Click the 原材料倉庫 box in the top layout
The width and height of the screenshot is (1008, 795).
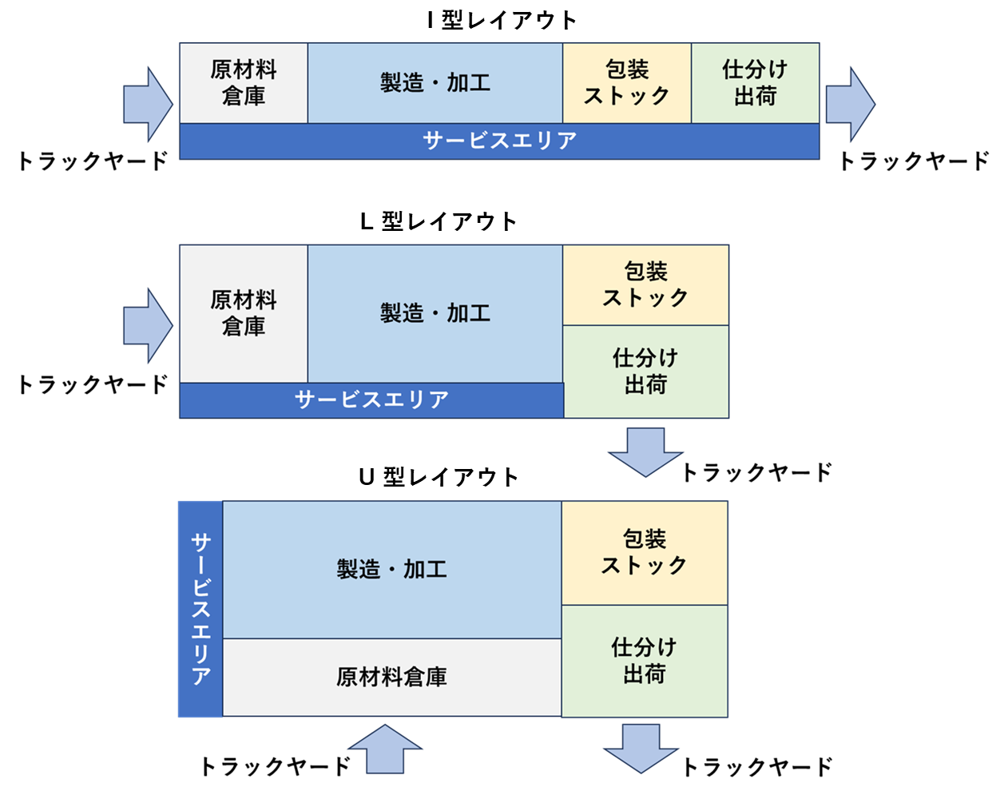[243, 83]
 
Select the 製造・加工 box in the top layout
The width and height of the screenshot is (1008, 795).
[435, 83]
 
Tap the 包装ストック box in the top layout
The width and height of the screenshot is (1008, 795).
[626, 83]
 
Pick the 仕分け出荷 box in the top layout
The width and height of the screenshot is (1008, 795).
[755, 83]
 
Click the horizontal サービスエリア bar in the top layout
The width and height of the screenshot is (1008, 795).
[499, 141]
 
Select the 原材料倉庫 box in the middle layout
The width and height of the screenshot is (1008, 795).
[243, 313]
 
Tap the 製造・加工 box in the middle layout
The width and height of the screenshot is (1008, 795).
[435, 313]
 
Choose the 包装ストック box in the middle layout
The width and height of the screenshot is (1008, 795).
[645, 284]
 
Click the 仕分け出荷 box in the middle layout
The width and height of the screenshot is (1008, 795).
[645, 372]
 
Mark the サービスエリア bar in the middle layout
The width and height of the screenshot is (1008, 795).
[371, 400]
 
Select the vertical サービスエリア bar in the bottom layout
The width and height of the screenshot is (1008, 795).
[200, 609]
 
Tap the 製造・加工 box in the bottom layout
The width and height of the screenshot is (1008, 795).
[391, 569]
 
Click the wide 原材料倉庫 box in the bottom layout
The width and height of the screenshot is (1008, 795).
[391, 678]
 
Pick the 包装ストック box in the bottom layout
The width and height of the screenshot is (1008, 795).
[645, 552]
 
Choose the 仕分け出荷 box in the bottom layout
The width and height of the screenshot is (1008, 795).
[645, 661]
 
